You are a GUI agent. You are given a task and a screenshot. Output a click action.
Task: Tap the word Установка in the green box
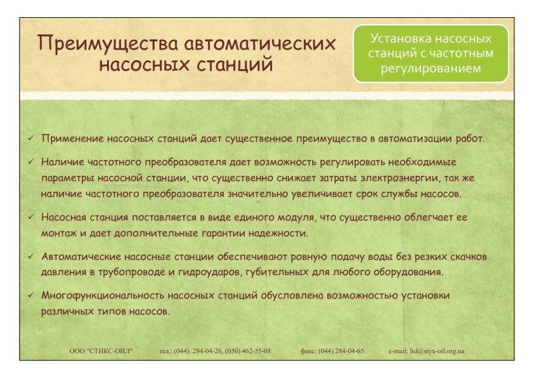click(397, 38)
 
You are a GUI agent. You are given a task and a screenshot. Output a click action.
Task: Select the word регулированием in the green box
click(431, 69)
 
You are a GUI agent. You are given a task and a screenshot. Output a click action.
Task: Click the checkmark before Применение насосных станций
click(31, 138)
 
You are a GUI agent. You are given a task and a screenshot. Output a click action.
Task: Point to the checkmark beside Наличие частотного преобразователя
click(31, 161)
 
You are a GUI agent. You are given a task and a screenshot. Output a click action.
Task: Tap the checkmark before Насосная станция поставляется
click(31, 217)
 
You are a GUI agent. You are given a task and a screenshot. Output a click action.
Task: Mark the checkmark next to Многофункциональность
click(31, 295)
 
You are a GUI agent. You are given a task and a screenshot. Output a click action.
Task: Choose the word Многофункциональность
click(103, 296)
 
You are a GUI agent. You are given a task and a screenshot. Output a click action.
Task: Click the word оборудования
click(408, 273)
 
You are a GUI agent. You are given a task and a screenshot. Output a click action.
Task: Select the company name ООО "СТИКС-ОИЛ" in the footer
click(101, 351)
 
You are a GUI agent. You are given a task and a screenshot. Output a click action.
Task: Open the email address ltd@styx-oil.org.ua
click(437, 351)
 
